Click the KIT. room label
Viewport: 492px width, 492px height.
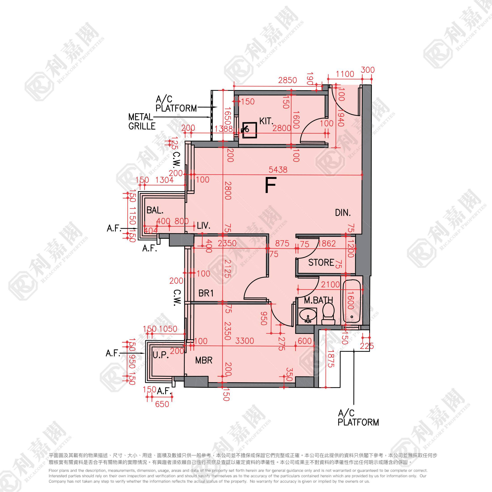click(266, 121)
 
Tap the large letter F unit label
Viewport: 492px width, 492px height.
click(270, 185)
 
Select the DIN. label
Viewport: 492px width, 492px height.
click(343, 213)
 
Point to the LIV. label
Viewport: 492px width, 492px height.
click(204, 225)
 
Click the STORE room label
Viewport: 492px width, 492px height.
click(321, 263)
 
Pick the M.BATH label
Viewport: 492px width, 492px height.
click(318, 301)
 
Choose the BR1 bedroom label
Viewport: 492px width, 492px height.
click(206, 293)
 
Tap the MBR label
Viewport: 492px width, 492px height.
click(204, 360)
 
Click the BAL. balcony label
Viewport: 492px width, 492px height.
click(155, 210)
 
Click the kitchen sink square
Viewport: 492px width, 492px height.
click(249, 130)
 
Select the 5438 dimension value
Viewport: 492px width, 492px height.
click(278, 170)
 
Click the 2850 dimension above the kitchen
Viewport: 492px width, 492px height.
click(288, 80)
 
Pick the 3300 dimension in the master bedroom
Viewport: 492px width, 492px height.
click(244, 341)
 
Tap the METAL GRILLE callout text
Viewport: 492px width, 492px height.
click(142, 121)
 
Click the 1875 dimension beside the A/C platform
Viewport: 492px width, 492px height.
click(330, 358)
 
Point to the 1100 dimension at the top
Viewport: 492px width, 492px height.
click(345, 74)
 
